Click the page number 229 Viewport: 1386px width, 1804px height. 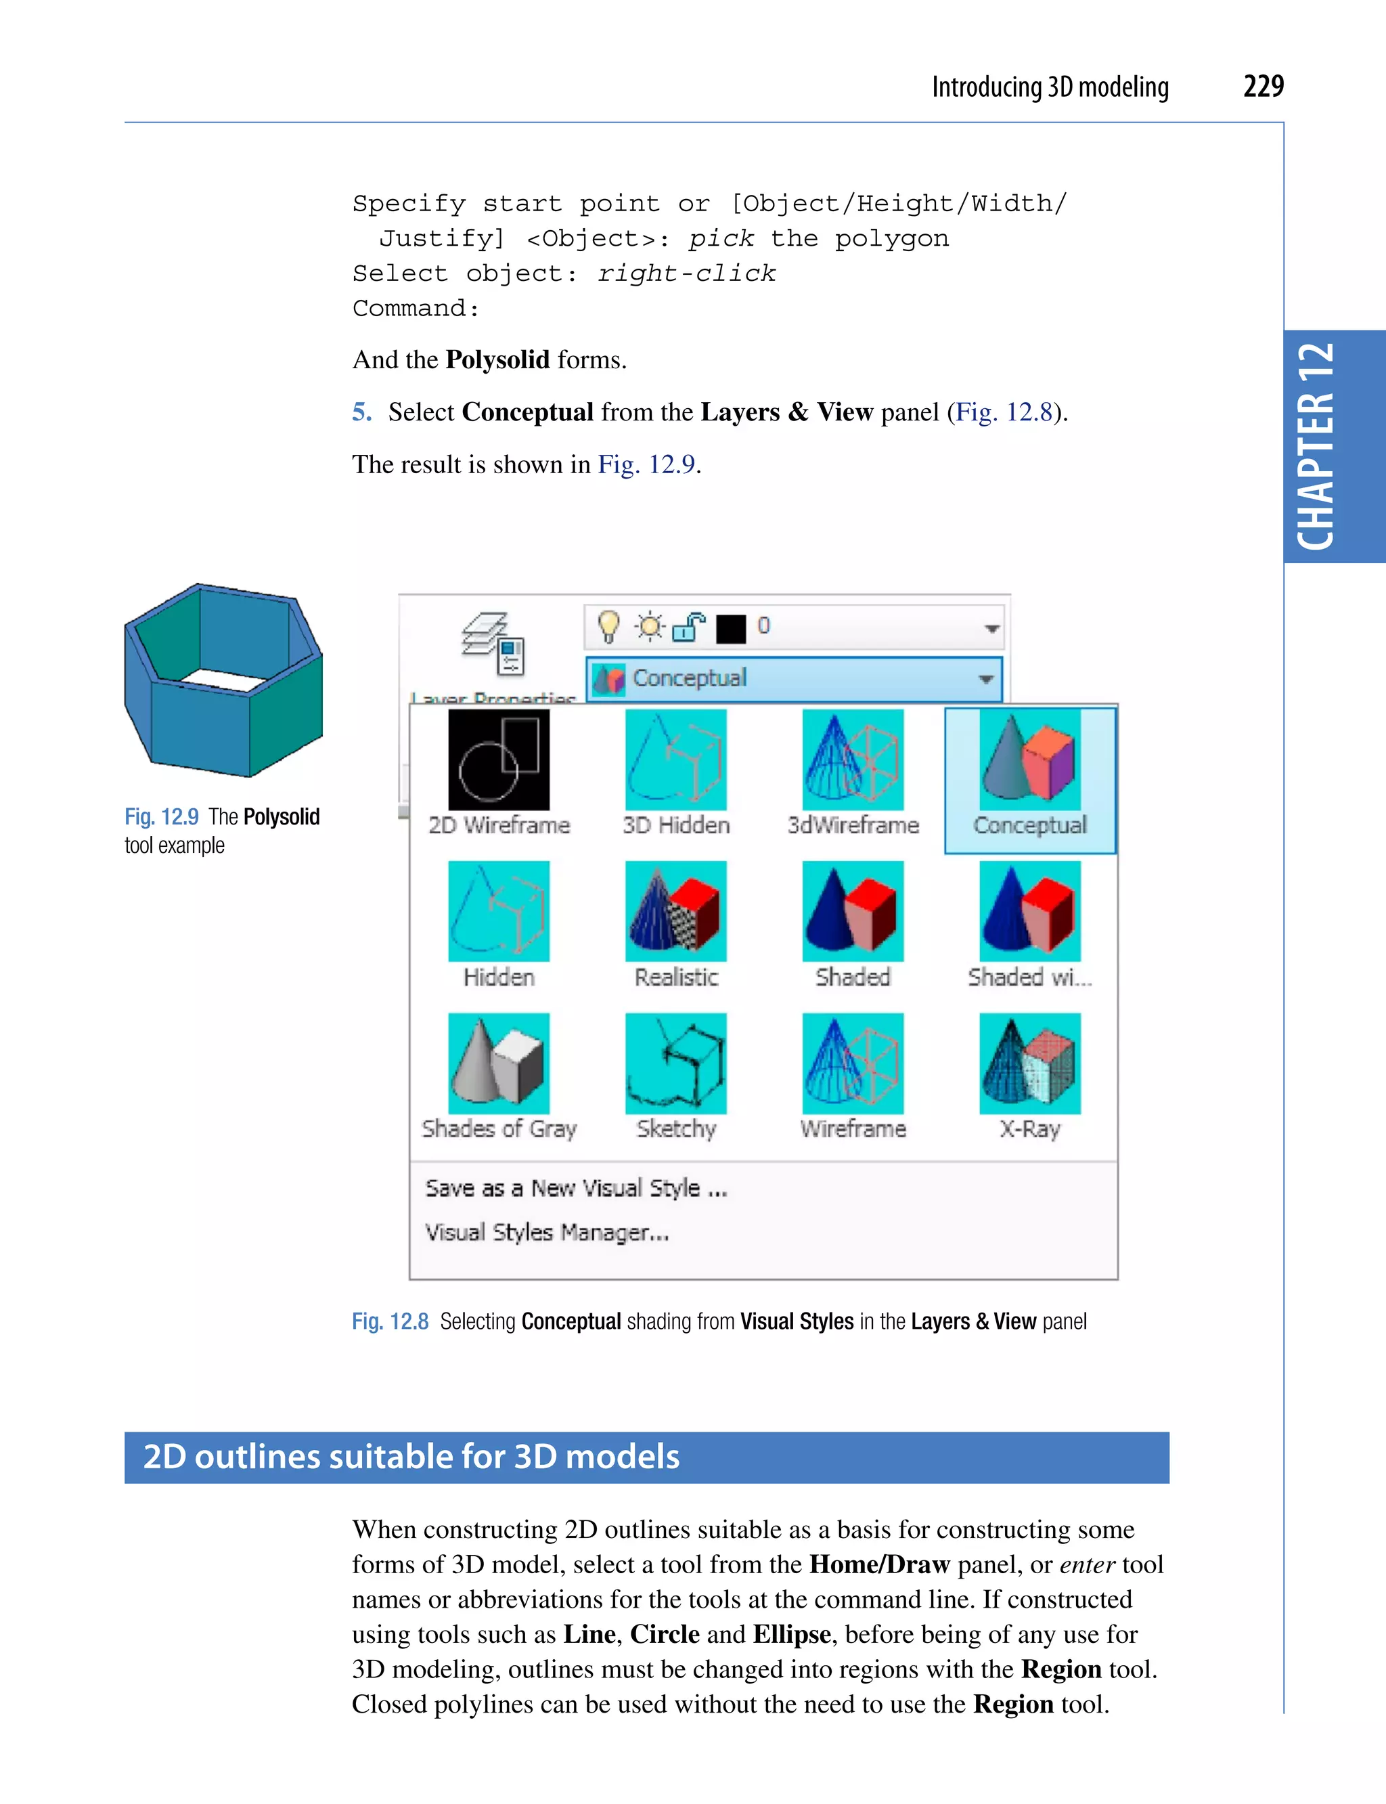point(1262,86)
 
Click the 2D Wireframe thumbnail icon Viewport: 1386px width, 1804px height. point(498,760)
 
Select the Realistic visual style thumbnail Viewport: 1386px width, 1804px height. point(675,911)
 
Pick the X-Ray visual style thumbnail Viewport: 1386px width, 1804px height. point(1029,1063)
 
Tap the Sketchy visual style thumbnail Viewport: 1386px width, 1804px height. point(675,1063)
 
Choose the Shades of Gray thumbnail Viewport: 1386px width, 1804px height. point(498,1063)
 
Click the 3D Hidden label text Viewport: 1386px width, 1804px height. point(675,825)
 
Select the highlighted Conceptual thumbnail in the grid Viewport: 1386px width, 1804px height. point(1029,760)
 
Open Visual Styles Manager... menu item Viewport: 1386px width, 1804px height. point(546,1232)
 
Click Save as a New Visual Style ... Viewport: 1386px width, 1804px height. point(575,1189)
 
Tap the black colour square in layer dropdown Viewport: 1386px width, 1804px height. point(731,628)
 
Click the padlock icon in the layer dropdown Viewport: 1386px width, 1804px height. point(688,628)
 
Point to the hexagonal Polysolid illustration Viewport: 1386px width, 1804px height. point(223,680)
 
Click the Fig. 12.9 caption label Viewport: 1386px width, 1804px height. point(162,817)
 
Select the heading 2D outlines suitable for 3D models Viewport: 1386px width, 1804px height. point(411,1457)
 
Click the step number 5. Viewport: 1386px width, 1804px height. point(361,412)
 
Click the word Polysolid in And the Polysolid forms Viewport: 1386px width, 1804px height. point(497,360)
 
